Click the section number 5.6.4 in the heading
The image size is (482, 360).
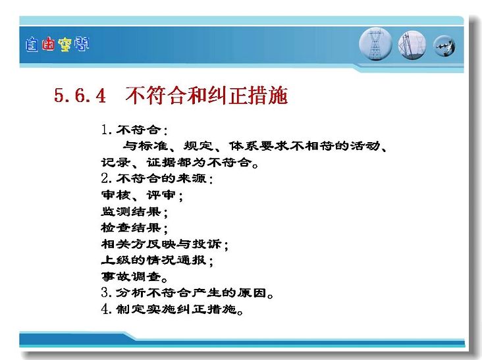point(80,95)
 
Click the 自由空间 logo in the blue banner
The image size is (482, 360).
point(57,45)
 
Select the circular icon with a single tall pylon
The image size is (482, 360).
point(375,44)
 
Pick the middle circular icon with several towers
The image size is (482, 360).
point(412,45)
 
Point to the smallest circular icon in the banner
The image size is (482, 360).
point(444,46)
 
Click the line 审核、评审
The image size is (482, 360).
point(142,195)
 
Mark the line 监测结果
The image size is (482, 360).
point(134,211)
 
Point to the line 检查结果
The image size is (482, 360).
point(134,228)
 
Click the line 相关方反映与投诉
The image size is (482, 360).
point(165,244)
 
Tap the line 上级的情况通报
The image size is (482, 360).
point(157,260)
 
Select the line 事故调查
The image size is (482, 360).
point(134,276)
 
